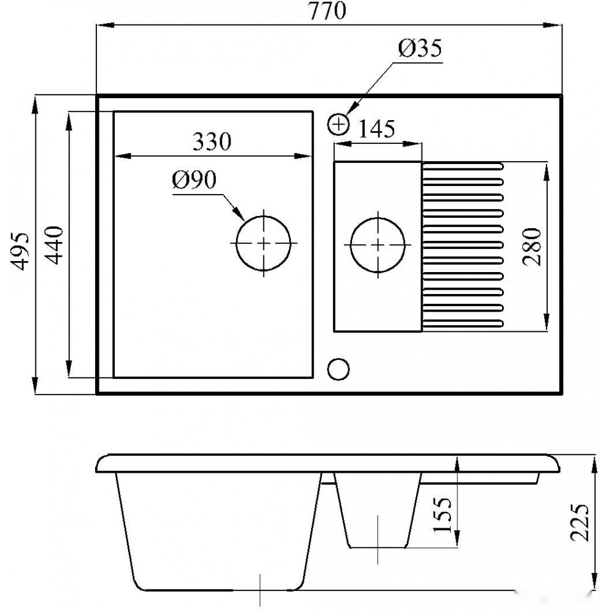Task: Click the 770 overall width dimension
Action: pyautogui.click(x=327, y=11)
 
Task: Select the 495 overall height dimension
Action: pyautogui.click(x=20, y=251)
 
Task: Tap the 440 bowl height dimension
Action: pyautogui.click(x=54, y=245)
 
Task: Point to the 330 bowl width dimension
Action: pyautogui.click(x=212, y=142)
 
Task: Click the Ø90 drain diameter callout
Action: pyautogui.click(x=194, y=180)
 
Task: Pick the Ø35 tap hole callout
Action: pyautogui.click(x=420, y=49)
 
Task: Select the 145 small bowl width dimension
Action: pyautogui.click(x=376, y=129)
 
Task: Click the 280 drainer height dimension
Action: pyautogui.click(x=532, y=247)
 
